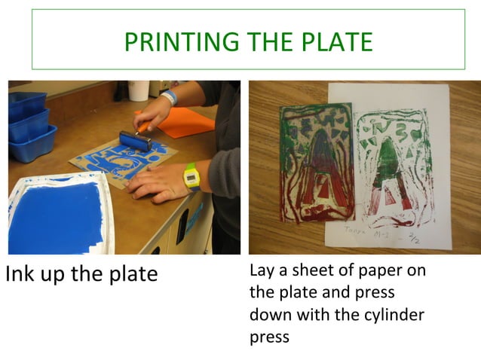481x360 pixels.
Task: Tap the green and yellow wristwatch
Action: pos(191,177)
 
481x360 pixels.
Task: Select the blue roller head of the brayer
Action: pos(133,140)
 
